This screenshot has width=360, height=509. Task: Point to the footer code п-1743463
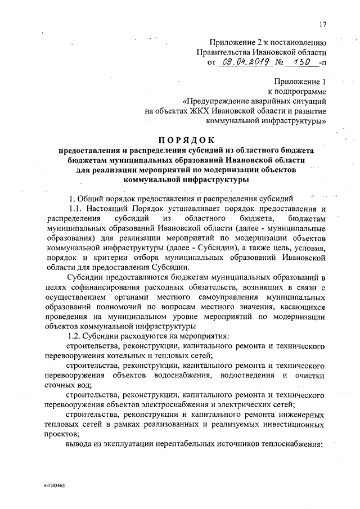53,484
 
